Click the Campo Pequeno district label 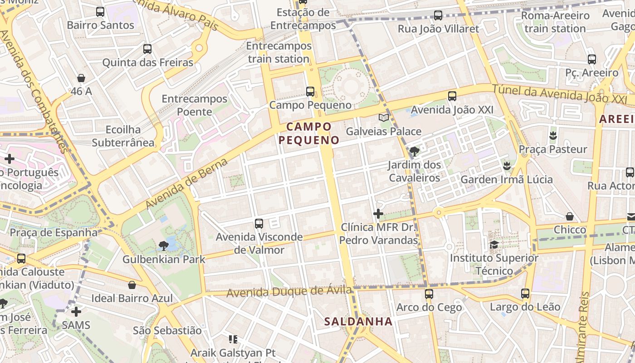(x=309, y=133)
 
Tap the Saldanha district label (x=358, y=321)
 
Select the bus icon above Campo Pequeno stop (x=310, y=92)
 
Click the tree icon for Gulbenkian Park (x=163, y=246)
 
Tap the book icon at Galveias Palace (x=384, y=118)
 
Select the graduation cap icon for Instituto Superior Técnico (x=494, y=245)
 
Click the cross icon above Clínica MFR (x=378, y=214)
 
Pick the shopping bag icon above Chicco (x=570, y=216)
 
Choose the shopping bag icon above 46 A (x=81, y=78)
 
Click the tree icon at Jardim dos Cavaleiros (x=414, y=152)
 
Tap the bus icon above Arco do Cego (x=429, y=294)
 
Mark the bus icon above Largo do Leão (x=525, y=294)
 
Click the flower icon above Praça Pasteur (x=552, y=135)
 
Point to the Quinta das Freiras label (x=148, y=63)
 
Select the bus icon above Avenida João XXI (x=452, y=96)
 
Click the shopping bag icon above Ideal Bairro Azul (x=132, y=285)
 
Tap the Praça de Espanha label (x=54, y=233)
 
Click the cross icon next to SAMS (x=76, y=312)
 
